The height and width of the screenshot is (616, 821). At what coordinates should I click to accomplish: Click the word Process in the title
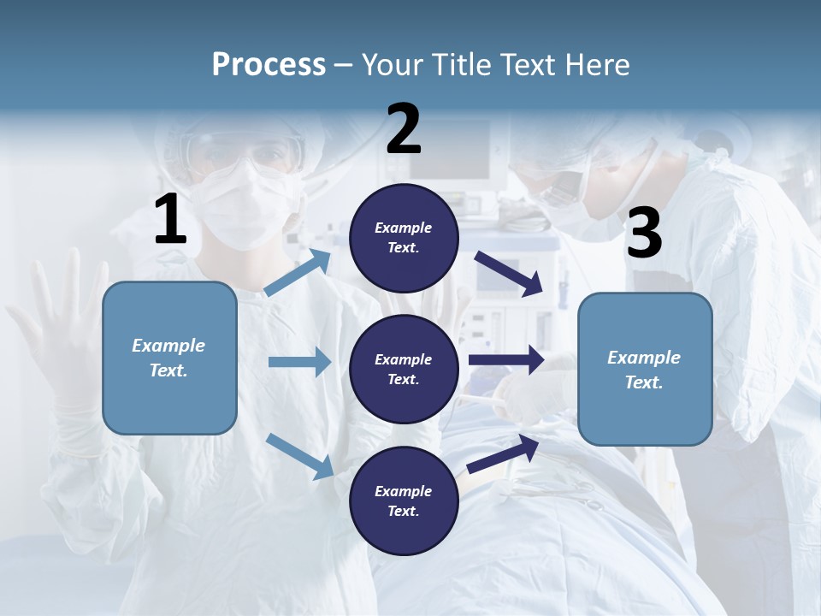tap(269, 64)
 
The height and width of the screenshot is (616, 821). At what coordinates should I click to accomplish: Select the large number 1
tap(170, 220)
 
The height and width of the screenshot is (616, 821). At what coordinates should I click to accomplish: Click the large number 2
tap(404, 130)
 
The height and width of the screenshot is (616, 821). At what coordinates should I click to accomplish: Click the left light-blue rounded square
tap(169, 358)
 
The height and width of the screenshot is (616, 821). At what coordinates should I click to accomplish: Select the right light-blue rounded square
tap(645, 369)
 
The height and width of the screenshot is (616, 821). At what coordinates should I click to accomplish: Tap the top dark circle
tap(404, 238)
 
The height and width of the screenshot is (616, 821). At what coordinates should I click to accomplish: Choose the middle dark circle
tap(404, 369)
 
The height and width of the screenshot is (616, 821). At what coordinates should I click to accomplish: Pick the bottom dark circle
tap(404, 500)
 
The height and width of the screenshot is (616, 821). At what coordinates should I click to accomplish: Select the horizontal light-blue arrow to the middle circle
tap(299, 362)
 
